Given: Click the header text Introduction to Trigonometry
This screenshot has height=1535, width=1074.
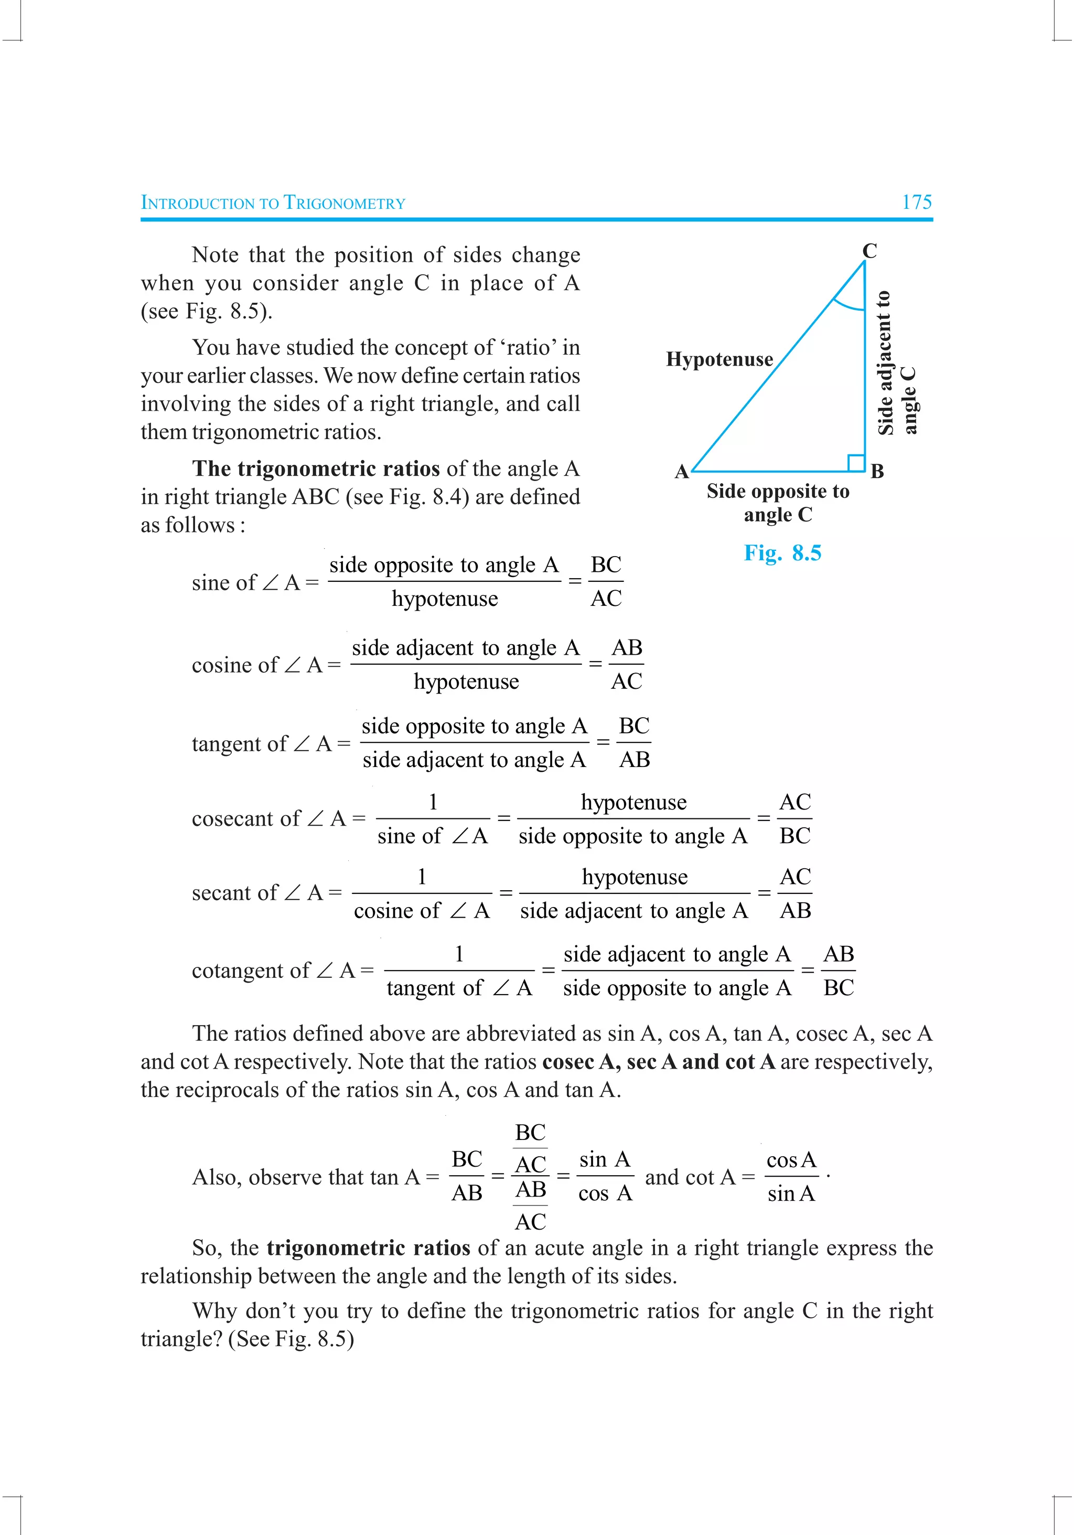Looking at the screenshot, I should point(273,202).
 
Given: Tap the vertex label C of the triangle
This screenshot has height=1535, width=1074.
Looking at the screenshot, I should point(869,251).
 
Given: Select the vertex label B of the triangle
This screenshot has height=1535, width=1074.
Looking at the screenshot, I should point(877,471).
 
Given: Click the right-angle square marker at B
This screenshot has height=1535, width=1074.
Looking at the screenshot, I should point(856,463).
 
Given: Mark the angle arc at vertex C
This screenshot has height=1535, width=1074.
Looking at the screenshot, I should point(848,305).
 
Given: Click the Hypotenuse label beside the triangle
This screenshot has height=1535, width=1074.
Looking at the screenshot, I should point(719,360).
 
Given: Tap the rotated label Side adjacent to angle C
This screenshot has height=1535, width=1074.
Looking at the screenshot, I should point(896,363).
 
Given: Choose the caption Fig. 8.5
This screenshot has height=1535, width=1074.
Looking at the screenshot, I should point(782,553).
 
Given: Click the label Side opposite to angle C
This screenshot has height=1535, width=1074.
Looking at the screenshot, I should point(778,503).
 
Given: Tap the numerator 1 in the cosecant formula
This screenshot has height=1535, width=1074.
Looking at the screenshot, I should point(433,802).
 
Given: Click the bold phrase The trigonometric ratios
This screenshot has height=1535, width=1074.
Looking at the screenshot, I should point(316,468).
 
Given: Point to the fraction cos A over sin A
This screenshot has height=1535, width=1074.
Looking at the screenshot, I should point(791,1177).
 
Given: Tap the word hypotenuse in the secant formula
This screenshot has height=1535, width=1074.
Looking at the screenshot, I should point(634,877).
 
